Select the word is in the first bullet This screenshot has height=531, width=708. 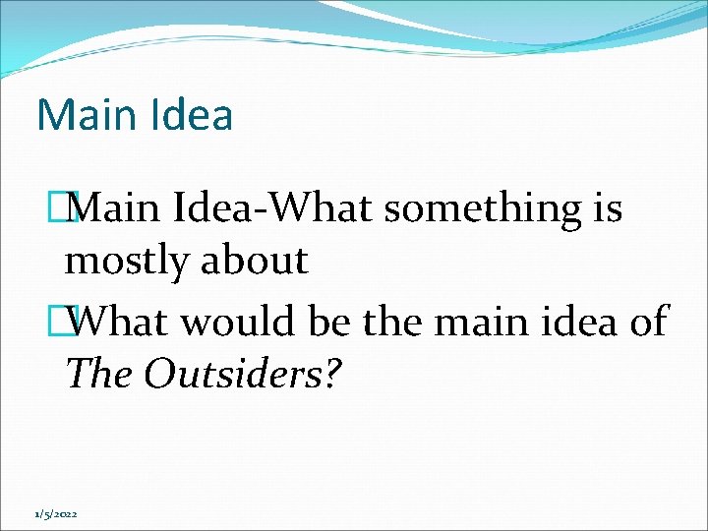coord(606,208)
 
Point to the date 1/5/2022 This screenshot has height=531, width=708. coord(57,514)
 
